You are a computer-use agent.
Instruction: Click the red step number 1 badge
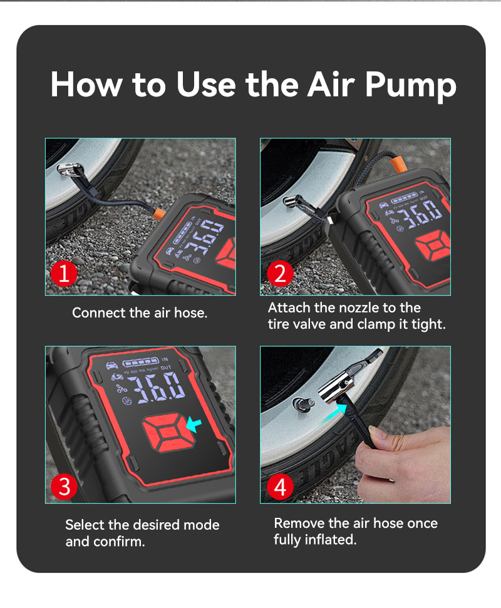[x=65, y=274]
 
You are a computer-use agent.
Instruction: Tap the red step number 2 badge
[x=280, y=274]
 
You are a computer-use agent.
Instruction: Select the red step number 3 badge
[x=65, y=487]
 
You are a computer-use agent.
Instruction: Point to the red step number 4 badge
[x=280, y=487]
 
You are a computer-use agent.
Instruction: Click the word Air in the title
[x=331, y=84]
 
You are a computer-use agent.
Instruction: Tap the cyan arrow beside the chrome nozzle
[x=334, y=412]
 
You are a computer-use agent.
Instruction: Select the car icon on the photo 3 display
[x=112, y=365]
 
